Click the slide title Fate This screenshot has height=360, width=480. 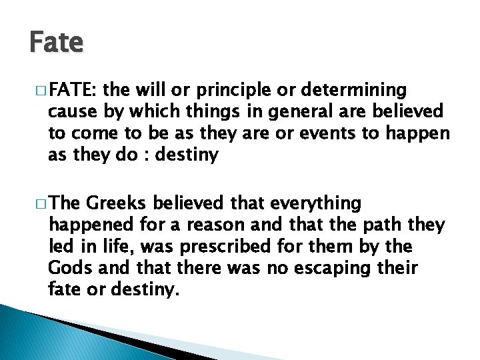coord(57,43)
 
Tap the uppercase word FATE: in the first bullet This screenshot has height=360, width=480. coord(73,90)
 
